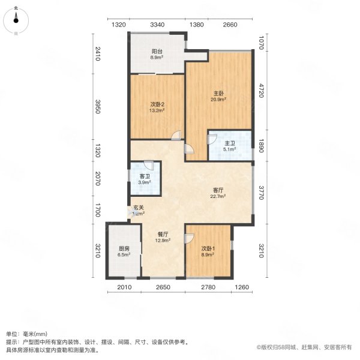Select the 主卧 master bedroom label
[x=220, y=92]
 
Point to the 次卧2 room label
[x=157, y=104]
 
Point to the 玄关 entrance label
[x=139, y=208]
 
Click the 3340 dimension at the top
[x=157, y=25]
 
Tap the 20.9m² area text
[x=220, y=100]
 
